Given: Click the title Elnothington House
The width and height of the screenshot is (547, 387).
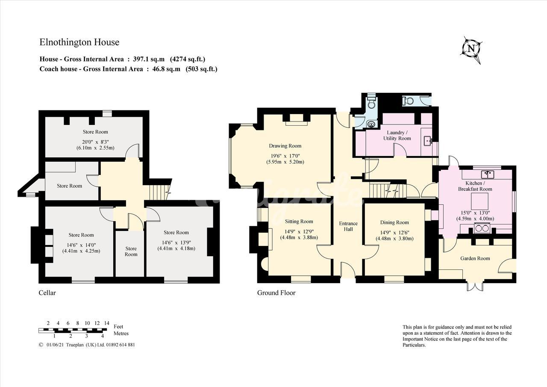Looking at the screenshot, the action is tap(79, 42).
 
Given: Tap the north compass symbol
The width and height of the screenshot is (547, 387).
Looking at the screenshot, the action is tap(471, 50).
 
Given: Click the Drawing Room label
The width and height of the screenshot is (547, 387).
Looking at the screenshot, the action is tap(285, 146).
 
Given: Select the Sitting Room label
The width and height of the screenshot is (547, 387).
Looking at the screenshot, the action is tap(299, 222).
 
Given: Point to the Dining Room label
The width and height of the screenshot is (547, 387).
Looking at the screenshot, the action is tap(394, 222).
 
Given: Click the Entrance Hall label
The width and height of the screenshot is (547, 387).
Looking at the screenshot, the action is tap(348, 226).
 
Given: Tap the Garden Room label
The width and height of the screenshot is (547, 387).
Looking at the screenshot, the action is tap(475, 258).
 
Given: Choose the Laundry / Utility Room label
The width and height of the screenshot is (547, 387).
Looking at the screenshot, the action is tap(397, 136).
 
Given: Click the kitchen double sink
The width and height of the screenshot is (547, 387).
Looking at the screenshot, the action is tap(488, 174).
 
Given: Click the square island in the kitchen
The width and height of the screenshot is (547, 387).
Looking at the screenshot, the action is tap(479, 201).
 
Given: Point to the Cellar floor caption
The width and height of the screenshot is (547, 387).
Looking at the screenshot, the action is tap(47, 292).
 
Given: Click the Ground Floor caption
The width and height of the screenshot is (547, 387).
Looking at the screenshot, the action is tap(276, 292).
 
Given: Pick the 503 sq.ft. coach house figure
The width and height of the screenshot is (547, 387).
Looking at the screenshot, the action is tap(201, 69).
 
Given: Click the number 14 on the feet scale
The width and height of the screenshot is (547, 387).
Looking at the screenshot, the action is tap(107, 323).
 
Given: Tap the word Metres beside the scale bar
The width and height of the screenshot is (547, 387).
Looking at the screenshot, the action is tap(121, 334).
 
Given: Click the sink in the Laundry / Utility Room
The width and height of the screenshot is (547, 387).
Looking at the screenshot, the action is tap(428, 141).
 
